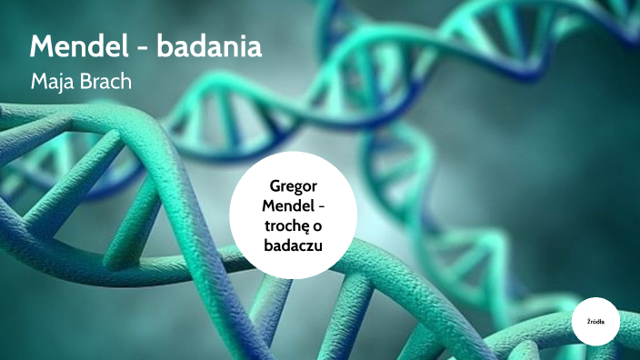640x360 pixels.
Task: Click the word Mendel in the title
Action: tap(77, 47)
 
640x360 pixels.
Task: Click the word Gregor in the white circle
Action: tap(293, 185)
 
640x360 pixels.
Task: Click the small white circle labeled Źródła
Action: tap(595, 322)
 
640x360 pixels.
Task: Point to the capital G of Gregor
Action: tap(275, 185)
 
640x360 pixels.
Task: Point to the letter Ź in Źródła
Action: tap(588, 322)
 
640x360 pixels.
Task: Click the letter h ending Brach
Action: tap(126, 82)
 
